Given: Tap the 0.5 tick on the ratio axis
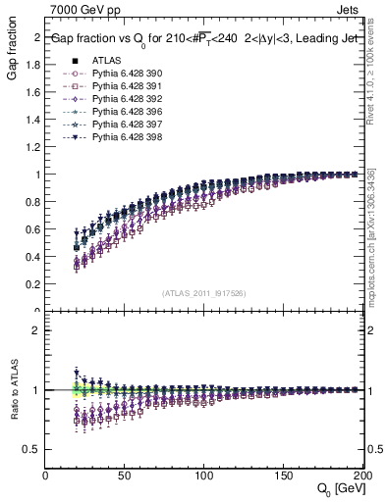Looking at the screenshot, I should click(33, 449).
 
